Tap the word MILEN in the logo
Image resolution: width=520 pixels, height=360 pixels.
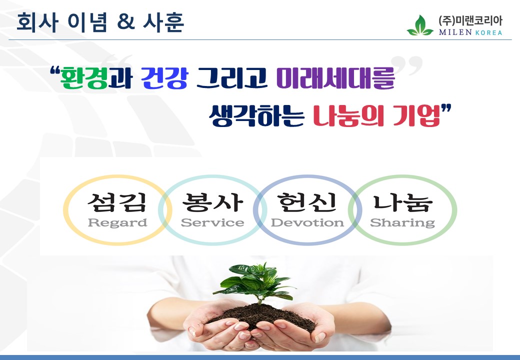(x=455, y=32)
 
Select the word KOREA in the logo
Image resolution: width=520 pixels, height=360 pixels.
(x=489, y=32)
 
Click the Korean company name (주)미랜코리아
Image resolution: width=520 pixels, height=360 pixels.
(x=470, y=21)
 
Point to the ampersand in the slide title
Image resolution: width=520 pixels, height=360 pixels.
(x=126, y=22)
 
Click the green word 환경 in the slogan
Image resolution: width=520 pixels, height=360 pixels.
(x=84, y=78)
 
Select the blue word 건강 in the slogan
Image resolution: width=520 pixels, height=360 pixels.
(x=164, y=78)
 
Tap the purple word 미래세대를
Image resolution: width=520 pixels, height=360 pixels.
(x=335, y=78)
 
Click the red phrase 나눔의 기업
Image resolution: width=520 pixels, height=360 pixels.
(x=376, y=115)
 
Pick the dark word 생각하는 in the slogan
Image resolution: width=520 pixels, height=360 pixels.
(x=256, y=115)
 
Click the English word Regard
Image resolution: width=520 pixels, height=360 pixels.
(x=117, y=223)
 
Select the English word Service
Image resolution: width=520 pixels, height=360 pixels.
(x=212, y=222)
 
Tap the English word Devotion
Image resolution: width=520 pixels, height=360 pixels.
(x=307, y=222)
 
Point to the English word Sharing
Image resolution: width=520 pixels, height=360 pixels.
(x=402, y=223)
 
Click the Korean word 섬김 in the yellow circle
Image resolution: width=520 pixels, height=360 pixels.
(x=116, y=202)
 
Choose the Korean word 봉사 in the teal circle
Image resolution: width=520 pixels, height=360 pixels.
(x=212, y=202)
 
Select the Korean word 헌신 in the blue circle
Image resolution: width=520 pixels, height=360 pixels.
(x=307, y=202)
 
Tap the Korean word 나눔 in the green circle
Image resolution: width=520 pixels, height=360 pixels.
(x=403, y=202)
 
